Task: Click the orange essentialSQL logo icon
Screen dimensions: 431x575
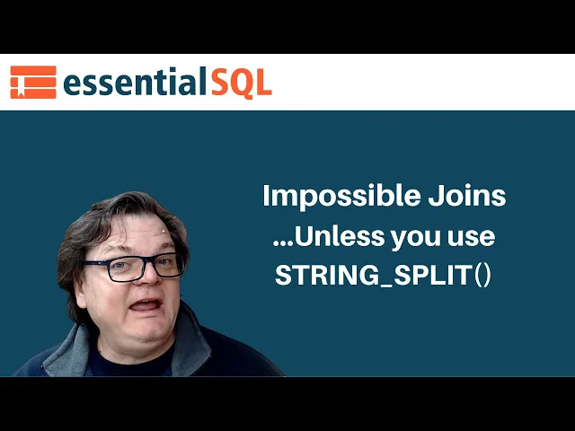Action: pyautogui.click(x=33, y=83)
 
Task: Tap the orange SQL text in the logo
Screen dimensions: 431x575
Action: pyautogui.click(x=241, y=83)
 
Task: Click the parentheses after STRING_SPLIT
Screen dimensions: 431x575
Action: pyautogui.click(x=482, y=276)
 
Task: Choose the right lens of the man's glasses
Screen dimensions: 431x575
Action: pyautogui.click(x=168, y=265)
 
